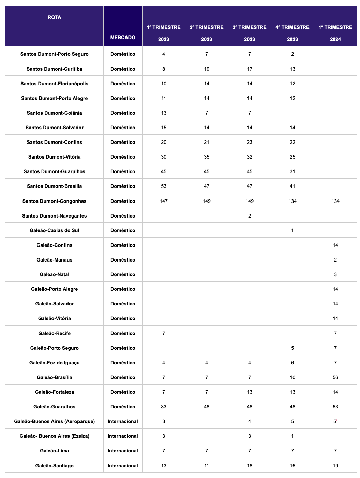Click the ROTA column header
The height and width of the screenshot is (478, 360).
54,17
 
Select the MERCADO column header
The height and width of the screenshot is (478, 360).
123,38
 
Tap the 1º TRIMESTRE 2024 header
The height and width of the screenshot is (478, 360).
335,33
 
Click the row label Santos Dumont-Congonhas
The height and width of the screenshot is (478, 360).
54,201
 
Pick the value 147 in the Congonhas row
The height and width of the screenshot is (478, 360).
164,201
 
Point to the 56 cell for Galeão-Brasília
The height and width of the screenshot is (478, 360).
335,377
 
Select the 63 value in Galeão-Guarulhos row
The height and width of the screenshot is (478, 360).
335,407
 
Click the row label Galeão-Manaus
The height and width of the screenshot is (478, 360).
54,260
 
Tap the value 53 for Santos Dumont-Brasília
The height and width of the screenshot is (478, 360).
164,186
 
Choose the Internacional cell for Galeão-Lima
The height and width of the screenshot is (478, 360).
123,451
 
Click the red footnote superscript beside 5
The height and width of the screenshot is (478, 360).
337,420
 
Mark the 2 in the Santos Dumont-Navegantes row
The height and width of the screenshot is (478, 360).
250,216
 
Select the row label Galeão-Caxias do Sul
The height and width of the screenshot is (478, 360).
54,230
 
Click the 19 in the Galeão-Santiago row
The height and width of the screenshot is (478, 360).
335,466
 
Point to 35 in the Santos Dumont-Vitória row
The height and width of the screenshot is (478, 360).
207,157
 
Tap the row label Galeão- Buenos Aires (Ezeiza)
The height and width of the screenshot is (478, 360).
54,436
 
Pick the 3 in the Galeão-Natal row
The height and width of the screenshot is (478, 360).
335,274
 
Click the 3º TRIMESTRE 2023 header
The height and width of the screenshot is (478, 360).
250,33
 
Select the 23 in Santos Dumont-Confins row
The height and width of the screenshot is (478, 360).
250,142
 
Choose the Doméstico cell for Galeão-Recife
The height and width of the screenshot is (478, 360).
123,333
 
